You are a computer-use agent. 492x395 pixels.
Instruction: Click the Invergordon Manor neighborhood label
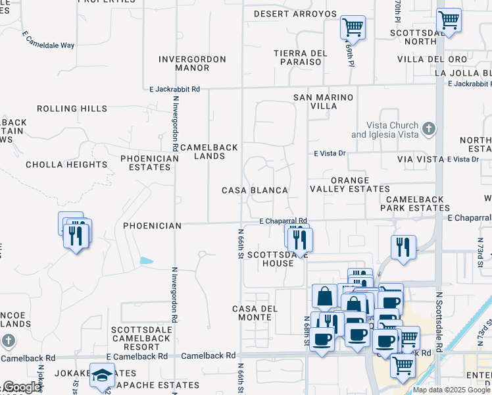pyautogui.click(x=193, y=63)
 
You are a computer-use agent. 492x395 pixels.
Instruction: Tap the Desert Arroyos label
pyautogui.click(x=295, y=14)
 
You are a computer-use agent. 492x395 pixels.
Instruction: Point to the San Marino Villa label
pyautogui.click(x=323, y=101)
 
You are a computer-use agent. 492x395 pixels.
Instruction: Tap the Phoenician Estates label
pyautogui.click(x=149, y=163)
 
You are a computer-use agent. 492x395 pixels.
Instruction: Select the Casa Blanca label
pyautogui.click(x=255, y=190)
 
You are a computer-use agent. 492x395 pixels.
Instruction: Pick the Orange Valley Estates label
pyautogui.click(x=350, y=184)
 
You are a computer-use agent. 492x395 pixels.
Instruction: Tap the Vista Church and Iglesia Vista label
pyautogui.click(x=385, y=130)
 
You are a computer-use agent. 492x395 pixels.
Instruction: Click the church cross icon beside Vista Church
pyautogui.click(x=429, y=129)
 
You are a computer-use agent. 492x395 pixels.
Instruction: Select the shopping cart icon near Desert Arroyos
pyautogui.click(x=353, y=28)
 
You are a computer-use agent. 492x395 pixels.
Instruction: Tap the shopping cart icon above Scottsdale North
pyautogui.click(x=450, y=19)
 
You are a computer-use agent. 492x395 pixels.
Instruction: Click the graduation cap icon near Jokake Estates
pyautogui.click(x=101, y=375)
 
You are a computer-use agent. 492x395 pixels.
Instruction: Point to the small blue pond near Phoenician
pyautogui.click(x=147, y=261)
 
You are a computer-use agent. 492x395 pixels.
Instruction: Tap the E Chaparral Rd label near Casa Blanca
pyautogui.click(x=283, y=221)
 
